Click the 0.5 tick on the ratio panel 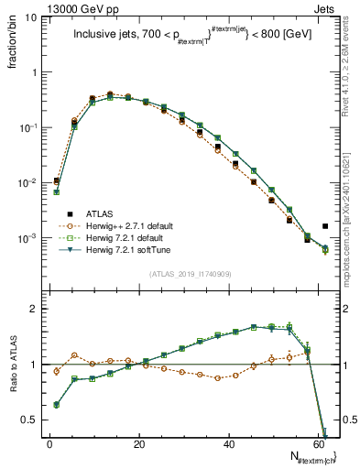pyautogui.click(x=30, y=420)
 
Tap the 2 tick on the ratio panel pyautogui.click(x=35, y=309)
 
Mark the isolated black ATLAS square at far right pyautogui.click(x=326, y=225)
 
